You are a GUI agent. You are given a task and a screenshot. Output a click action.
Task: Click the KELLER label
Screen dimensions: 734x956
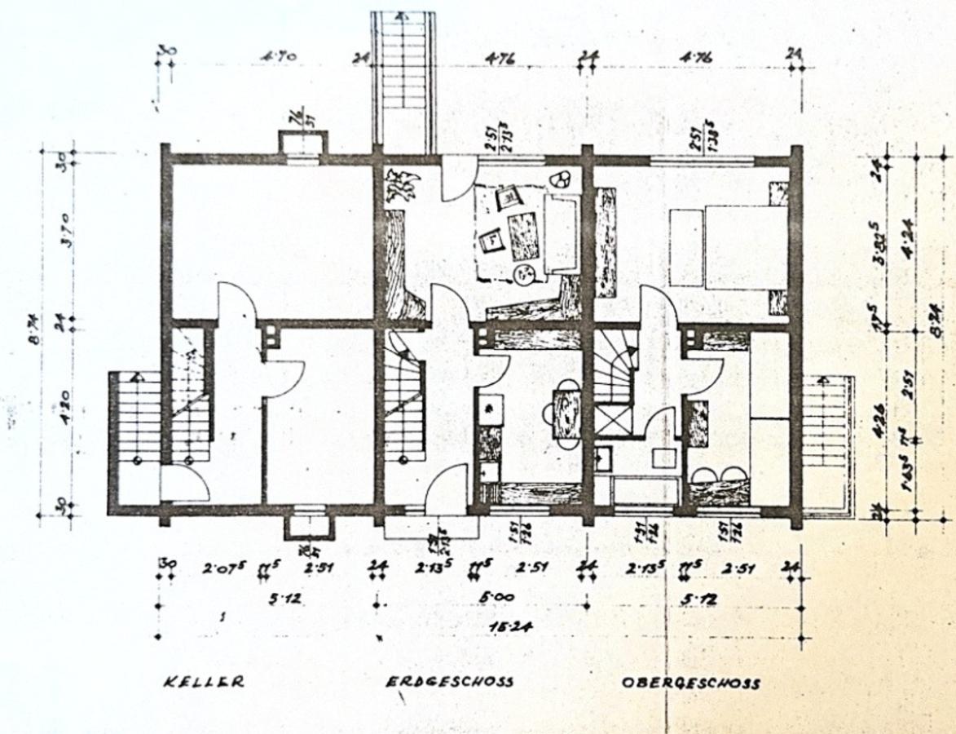tap(202, 682)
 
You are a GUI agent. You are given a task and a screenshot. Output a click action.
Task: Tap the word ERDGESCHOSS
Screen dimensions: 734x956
tap(449, 682)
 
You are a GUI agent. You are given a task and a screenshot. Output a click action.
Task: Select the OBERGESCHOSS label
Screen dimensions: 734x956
tap(690, 683)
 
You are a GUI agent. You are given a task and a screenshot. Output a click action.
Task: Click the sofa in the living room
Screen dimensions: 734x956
tap(561, 232)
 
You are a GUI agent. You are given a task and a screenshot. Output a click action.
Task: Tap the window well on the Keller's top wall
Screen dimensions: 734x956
tap(303, 144)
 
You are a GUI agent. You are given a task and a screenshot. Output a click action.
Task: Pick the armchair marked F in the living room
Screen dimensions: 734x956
tap(492, 241)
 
